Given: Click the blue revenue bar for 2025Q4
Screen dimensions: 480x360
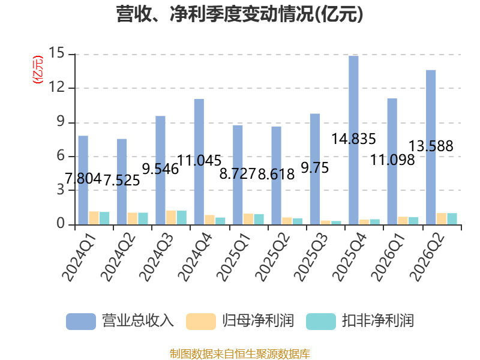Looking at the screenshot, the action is coord(353,140).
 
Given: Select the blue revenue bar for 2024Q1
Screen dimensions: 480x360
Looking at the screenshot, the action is coord(83,181).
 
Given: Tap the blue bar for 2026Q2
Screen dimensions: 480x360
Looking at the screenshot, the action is coord(431,148).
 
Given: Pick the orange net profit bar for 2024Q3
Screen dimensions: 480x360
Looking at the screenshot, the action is coord(171,218).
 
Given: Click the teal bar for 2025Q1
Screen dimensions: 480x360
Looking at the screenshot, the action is coord(259,220).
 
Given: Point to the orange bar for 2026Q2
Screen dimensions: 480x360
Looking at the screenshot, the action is coord(442,219).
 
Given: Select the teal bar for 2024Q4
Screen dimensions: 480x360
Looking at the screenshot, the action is coord(220,221).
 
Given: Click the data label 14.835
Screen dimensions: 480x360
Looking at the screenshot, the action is coord(353,139).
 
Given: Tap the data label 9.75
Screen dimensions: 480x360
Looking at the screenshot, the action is coord(314,168).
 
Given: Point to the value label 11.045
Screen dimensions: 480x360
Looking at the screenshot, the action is coord(199,160).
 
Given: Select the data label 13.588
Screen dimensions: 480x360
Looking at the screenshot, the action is coord(431,146).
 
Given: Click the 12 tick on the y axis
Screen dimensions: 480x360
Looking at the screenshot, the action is coord(56,88).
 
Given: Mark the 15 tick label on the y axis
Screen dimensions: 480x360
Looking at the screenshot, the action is coord(56,53).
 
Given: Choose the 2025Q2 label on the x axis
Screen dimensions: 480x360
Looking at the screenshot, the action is coord(272,257).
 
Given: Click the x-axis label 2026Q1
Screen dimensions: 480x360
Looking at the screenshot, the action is coord(388,257).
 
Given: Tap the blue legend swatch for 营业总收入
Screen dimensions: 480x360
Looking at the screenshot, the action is coord(81,322).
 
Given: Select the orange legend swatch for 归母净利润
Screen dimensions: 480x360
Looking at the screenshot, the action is coord(201,322).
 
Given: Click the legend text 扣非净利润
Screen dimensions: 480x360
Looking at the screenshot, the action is coord(378,321).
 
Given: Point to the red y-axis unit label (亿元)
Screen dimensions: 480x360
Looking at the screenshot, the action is coord(38,70).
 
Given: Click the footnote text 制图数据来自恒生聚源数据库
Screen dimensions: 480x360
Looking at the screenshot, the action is coord(240,354).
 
